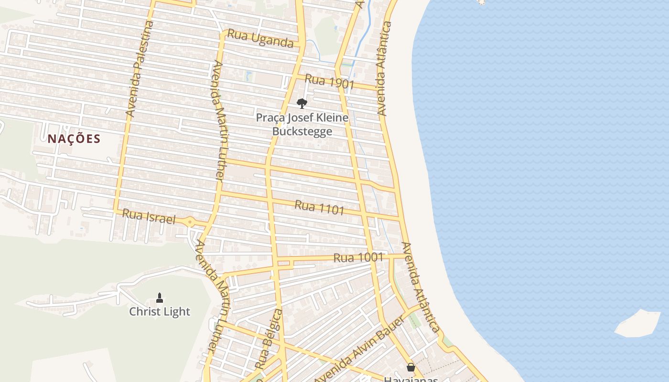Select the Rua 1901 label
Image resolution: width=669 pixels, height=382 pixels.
click(329, 82)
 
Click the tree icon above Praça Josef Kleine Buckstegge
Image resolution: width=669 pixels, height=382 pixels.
click(302, 103)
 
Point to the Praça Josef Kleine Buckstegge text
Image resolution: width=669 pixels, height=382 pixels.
click(302, 124)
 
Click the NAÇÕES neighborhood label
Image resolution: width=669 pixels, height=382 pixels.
click(74, 139)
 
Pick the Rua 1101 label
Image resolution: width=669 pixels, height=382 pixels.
click(319, 208)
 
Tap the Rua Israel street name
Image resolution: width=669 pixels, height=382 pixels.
click(149, 217)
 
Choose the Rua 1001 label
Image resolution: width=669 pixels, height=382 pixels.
click(358, 257)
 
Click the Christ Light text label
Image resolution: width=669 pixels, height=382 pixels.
click(160, 312)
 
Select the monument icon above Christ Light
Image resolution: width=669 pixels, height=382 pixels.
click(160, 298)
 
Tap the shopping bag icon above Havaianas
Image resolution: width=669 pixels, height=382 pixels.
click(410, 367)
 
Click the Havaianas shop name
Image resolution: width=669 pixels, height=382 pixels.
click(410, 379)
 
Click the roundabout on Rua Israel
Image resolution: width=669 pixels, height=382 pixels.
click(190, 222)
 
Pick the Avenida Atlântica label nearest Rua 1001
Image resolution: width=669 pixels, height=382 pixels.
click(420, 286)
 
